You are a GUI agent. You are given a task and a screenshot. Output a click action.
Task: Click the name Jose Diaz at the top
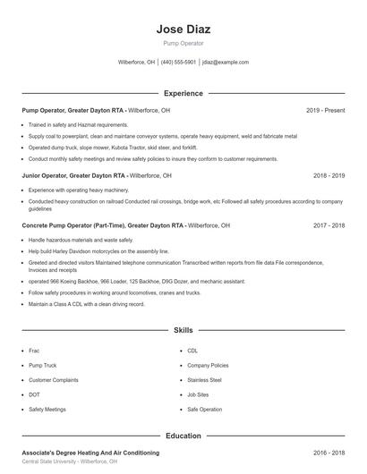(x=183, y=29)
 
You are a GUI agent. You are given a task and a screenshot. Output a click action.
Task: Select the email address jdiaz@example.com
(x=226, y=63)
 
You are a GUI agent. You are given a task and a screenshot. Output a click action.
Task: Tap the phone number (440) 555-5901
(x=178, y=63)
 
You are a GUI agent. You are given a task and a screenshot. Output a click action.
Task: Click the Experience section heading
(x=183, y=93)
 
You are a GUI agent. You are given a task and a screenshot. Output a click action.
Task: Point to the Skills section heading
(x=183, y=330)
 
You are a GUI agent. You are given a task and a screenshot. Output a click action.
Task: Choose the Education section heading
(x=183, y=436)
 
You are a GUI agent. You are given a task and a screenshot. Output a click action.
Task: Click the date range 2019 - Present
(x=325, y=110)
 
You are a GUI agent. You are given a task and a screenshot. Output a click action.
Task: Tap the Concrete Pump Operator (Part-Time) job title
(x=103, y=226)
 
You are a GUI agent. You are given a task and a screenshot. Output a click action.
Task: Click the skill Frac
(x=34, y=351)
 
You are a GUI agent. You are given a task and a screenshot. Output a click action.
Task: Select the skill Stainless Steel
(x=204, y=380)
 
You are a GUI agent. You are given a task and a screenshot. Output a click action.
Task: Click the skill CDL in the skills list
(x=192, y=351)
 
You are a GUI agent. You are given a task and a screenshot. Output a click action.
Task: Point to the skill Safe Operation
(x=204, y=409)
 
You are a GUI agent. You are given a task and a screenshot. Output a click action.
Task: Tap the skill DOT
(x=34, y=394)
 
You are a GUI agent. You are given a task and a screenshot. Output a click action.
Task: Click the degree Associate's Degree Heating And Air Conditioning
(x=90, y=453)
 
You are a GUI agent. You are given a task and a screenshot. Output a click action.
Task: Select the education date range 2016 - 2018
(x=329, y=453)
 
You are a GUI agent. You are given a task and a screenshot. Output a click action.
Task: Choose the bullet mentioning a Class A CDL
(x=86, y=304)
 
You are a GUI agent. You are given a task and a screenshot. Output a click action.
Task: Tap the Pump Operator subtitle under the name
(x=183, y=43)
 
